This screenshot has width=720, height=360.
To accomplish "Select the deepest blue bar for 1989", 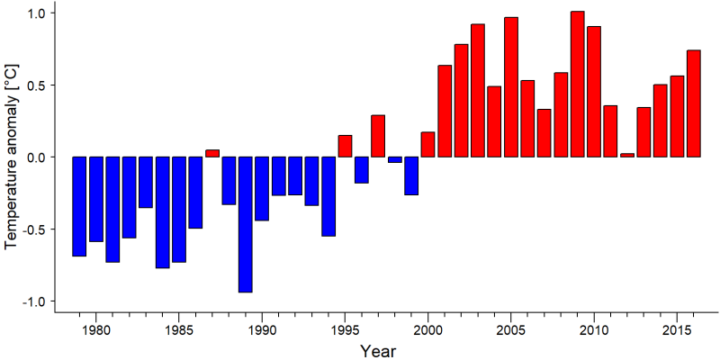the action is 245,224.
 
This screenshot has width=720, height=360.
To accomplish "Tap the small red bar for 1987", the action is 212,153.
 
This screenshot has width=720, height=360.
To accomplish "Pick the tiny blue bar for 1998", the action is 395,160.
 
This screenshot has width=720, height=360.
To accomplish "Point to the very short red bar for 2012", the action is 627,155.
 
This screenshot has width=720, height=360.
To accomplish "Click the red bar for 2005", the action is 511,87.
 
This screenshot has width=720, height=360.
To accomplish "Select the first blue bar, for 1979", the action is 79,207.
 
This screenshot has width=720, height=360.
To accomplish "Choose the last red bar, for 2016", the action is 694,103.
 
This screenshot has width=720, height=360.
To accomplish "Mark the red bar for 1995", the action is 345,146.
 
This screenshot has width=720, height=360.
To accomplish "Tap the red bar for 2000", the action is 428,145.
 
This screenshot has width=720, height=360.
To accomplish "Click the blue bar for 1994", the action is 328,196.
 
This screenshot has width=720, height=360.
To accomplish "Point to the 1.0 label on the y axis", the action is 34,13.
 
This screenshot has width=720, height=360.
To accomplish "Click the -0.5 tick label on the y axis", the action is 31,229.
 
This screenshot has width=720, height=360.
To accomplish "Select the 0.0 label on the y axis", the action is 34,157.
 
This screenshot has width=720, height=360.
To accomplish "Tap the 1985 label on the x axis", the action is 179,329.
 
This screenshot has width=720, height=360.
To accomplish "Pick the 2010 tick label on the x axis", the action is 594,329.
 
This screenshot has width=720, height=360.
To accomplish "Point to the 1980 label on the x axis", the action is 96,329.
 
